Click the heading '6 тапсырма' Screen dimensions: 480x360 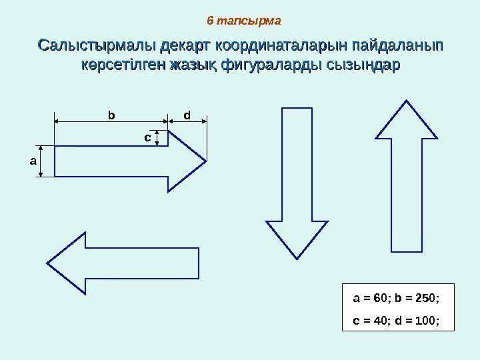[244, 21]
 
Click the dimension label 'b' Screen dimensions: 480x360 [111, 115]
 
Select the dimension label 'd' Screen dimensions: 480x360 [187, 115]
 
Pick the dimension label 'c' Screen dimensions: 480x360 [147, 137]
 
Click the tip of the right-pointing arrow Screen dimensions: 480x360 [205, 161]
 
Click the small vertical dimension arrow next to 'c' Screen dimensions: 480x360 [157, 138]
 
